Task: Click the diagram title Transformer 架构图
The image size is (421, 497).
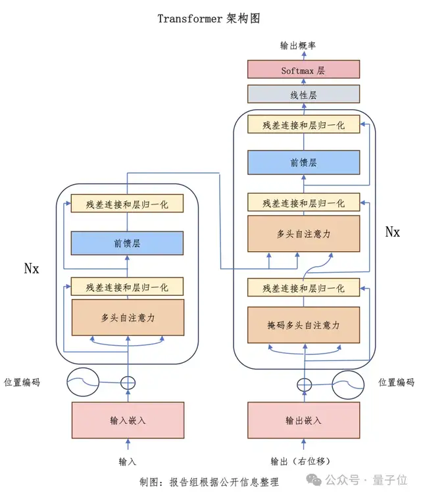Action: tap(209, 18)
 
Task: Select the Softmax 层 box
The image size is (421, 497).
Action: tap(303, 70)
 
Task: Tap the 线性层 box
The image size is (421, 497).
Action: tap(303, 95)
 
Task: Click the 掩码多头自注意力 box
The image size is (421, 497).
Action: tap(303, 325)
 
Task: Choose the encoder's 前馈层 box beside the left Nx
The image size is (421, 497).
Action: tap(127, 243)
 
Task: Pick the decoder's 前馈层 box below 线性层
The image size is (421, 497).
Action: tap(303, 162)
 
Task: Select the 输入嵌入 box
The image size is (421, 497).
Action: tap(127, 420)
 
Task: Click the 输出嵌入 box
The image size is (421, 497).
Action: tap(303, 420)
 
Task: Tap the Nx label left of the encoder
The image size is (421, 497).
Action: tap(32, 268)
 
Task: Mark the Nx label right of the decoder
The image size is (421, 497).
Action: tap(392, 232)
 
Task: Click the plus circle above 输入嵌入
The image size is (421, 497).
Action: tap(128, 382)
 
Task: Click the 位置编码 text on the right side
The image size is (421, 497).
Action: tap(396, 382)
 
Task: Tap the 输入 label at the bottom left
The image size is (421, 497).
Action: tap(126, 461)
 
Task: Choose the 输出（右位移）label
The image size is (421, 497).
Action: tap(302, 461)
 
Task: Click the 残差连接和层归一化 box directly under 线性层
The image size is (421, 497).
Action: tap(303, 125)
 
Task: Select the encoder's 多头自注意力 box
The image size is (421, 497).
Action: tap(127, 318)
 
